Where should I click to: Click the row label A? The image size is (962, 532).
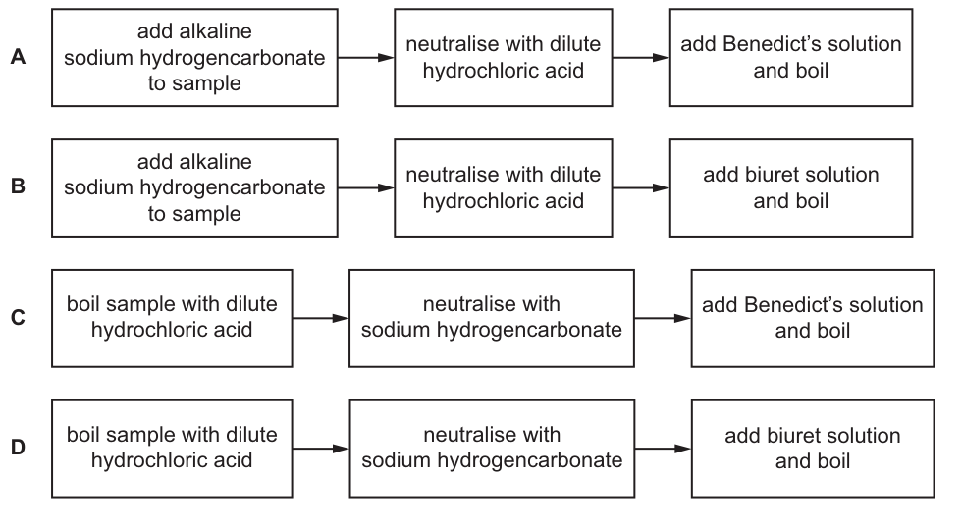tap(18, 57)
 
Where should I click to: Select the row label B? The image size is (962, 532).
tap(18, 186)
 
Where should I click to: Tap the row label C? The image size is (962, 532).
tap(18, 317)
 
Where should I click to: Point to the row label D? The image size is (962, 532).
tap(18, 447)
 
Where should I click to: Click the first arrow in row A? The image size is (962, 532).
tap(366, 58)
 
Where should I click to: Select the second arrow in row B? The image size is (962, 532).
tap(641, 187)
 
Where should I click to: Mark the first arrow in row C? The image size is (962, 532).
tap(321, 318)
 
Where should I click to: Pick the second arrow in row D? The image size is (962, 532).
tap(663, 449)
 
